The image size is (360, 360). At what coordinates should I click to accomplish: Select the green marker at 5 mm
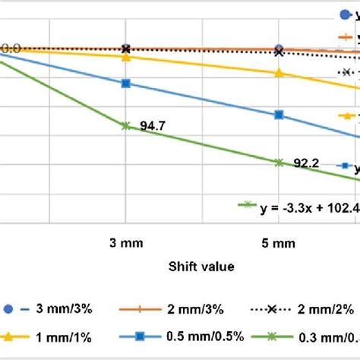coord(279,162)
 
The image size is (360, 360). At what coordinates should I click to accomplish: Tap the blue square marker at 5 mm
coord(279,115)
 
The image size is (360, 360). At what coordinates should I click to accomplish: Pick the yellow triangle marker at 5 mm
coord(279,74)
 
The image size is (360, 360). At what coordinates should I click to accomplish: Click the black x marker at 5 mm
coord(279,52)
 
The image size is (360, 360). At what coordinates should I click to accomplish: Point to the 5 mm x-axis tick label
coord(279,244)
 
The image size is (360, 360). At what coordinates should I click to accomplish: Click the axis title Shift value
coord(202,267)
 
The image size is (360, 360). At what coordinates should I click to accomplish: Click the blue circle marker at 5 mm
coord(279,48)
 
